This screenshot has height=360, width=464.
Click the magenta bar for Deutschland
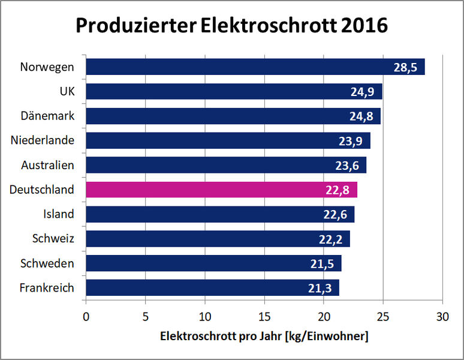coord(221,190)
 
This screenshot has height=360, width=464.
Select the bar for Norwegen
coord(255,67)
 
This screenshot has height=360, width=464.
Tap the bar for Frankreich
coord(212,288)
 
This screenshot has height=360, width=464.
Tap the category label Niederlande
coord(43,140)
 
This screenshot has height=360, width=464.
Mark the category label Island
coord(59,214)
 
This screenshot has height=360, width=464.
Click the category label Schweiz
coord(53,239)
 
